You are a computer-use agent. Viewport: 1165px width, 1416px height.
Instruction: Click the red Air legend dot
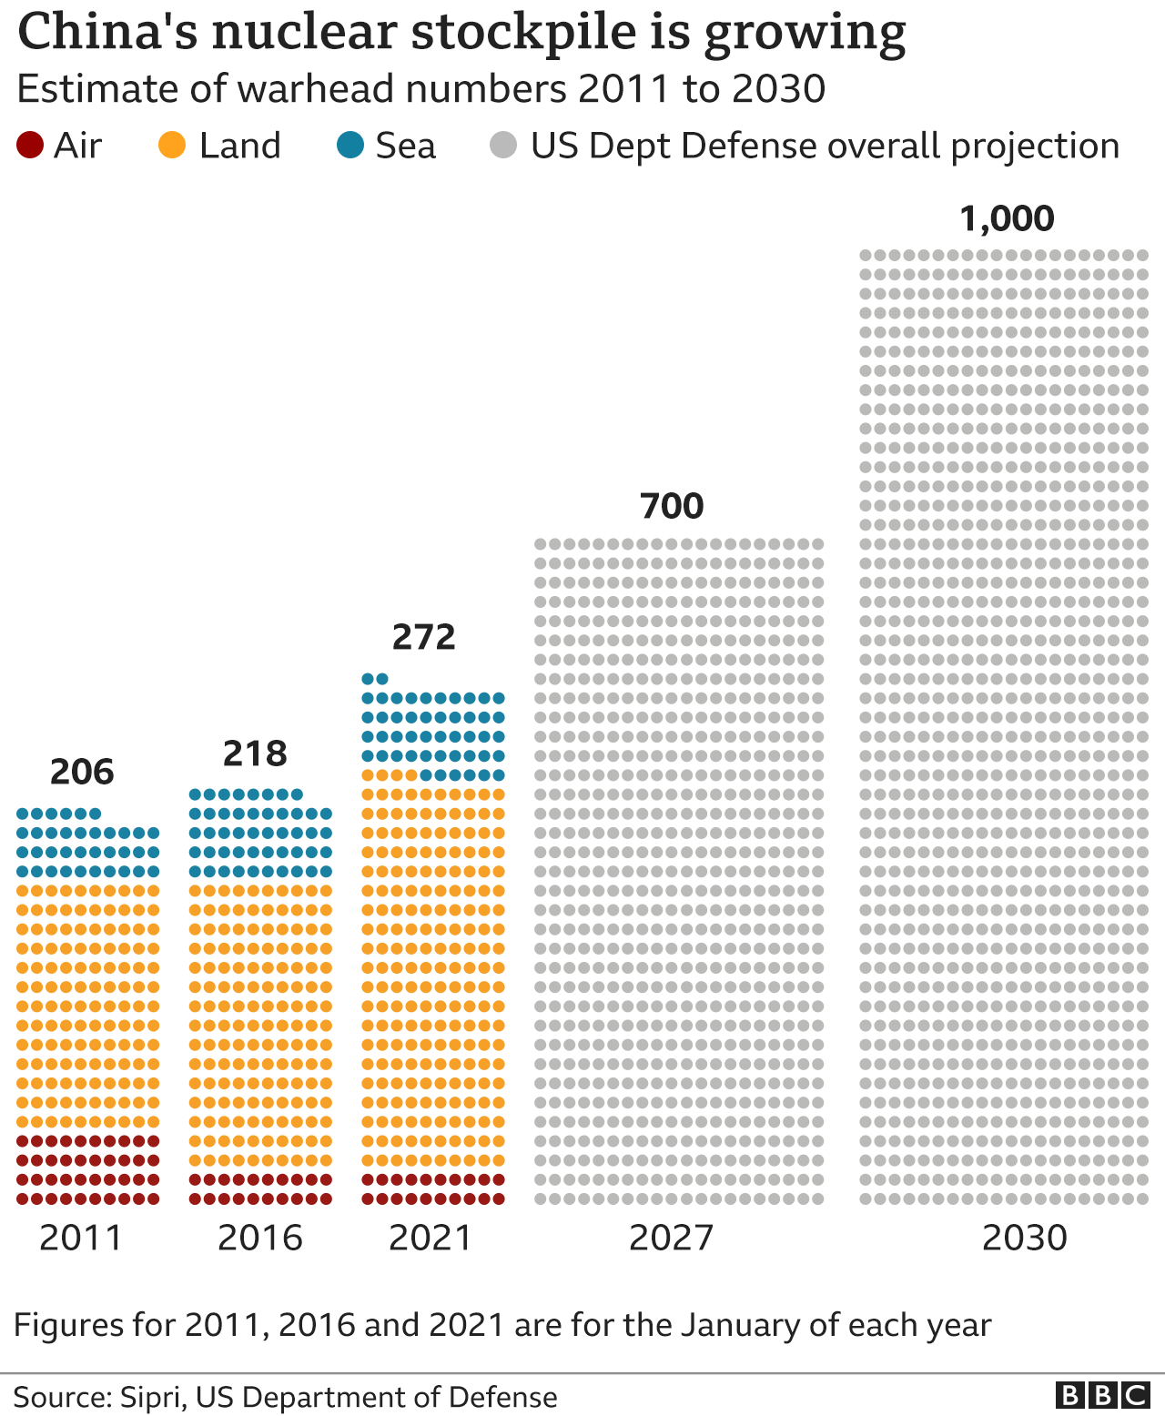[30, 146]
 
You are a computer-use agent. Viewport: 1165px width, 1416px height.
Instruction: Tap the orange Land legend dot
[172, 146]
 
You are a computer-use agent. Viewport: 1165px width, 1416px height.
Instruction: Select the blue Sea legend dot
[350, 146]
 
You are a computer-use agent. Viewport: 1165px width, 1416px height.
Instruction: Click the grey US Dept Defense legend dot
[503, 146]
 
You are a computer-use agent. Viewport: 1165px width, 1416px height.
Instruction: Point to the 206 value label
[82, 772]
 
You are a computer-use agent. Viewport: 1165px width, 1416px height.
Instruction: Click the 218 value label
[255, 754]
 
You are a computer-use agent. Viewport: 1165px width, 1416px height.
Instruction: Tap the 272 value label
[424, 637]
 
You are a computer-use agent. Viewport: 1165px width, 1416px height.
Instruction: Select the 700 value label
[672, 506]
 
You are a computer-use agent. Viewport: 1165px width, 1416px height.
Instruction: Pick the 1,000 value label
[1007, 218]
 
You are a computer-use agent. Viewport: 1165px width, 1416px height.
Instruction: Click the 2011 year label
[81, 1238]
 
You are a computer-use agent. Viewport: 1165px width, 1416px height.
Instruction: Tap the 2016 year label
[259, 1238]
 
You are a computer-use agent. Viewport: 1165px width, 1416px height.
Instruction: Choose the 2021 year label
[431, 1238]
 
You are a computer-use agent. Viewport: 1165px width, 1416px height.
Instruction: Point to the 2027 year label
[672, 1238]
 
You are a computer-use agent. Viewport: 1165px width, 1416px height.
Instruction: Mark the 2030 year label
[1024, 1238]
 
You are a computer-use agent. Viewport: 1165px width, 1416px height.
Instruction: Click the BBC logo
[1102, 1395]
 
